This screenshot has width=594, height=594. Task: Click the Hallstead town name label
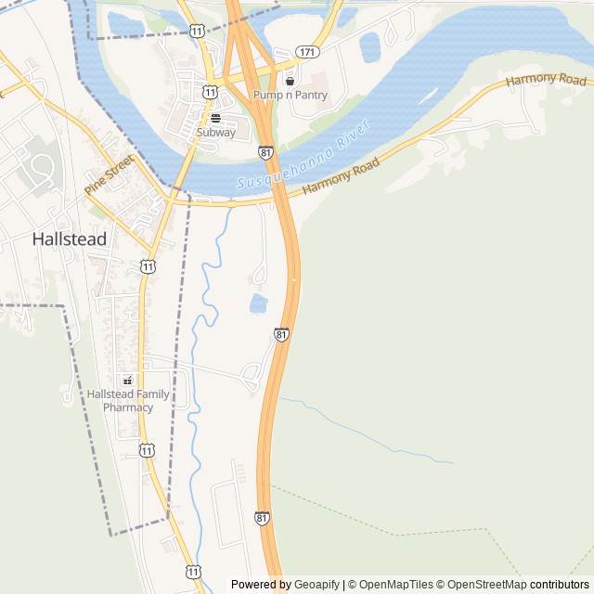[69, 239]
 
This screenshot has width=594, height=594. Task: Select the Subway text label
[215, 133]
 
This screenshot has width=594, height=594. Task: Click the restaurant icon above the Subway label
[215, 119]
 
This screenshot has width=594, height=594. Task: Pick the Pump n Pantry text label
[290, 95]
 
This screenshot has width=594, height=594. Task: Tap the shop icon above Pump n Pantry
[290, 82]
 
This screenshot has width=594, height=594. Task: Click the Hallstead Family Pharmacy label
[128, 400]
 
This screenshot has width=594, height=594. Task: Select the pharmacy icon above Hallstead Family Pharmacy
[128, 380]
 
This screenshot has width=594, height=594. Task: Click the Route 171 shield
[307, 51]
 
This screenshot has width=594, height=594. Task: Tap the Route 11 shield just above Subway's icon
[211, 92]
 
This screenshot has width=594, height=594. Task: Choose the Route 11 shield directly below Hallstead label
[148, 267]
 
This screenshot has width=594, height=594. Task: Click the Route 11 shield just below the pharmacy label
[147, 450]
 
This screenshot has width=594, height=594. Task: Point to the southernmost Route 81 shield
[263, 517]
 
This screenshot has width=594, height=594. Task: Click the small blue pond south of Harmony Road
[259, 303]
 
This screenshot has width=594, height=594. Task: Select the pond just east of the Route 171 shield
[370, 46]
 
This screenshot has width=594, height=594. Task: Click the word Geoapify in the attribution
[316, 585]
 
